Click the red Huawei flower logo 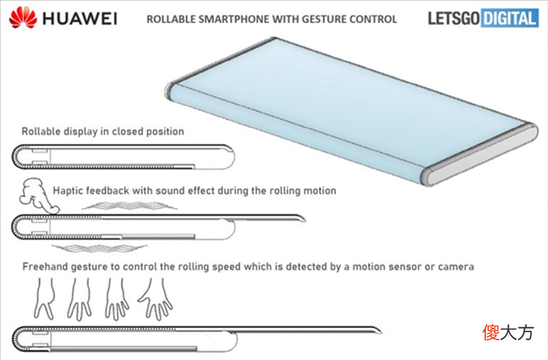[23, 18]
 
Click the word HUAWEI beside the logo [80, 19]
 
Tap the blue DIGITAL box [509, 18]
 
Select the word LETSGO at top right [454, 18]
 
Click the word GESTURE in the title [322, 19]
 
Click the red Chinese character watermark [492, 332]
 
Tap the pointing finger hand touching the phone [39, 196]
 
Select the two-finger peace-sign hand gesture [45, 298]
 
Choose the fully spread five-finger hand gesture [156, 299]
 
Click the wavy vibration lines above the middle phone [129, 206]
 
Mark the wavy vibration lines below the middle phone [99, 248]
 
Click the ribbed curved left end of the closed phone [15, 157]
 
